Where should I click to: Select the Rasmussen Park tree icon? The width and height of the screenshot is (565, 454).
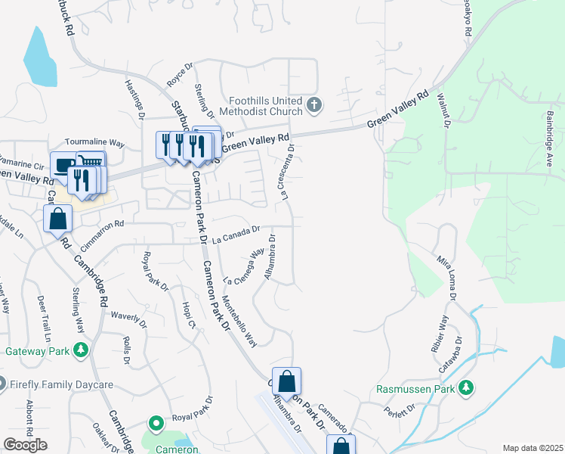coord(467,389)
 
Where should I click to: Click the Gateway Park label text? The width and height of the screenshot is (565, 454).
coord(36,351)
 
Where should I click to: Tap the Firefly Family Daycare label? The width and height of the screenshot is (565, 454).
coord(62,384)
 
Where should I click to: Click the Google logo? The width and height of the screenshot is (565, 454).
coord(25,445)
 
